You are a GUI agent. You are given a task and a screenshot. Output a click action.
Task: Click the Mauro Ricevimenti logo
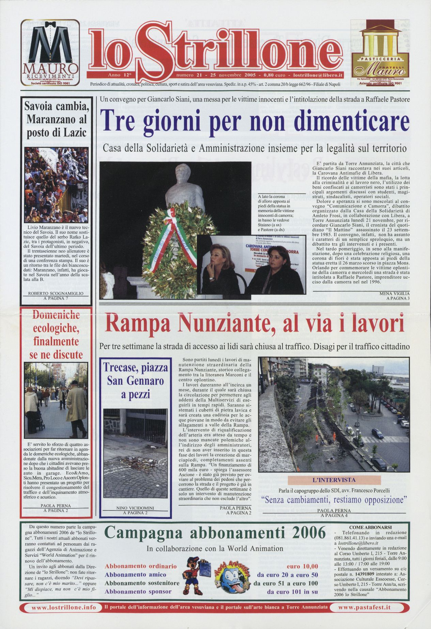coord(50,52)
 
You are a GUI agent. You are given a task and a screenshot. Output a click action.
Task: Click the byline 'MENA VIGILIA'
coord(394,293)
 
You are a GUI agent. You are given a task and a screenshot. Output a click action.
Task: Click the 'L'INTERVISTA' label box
coord(334,480)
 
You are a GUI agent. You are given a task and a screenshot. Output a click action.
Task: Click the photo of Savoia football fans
coord(56,184)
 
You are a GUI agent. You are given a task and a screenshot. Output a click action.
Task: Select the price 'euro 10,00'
coord(303,566)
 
